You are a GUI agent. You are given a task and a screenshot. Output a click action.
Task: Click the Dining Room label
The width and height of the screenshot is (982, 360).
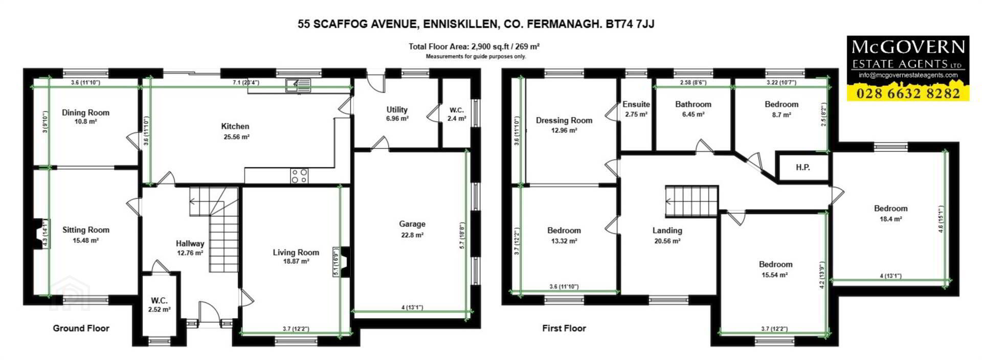point(85,112)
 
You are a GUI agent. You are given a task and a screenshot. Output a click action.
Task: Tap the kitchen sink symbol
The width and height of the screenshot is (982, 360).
point(298,85)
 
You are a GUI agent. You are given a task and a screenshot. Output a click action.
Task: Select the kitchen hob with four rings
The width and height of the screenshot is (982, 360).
point(299,176)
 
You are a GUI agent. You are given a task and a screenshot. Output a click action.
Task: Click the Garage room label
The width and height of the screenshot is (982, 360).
point(412,224)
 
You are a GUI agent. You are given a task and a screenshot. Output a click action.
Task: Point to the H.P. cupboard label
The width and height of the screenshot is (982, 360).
point(803,167)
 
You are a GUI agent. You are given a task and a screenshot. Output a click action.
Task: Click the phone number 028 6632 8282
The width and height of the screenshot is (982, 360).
point(908,93)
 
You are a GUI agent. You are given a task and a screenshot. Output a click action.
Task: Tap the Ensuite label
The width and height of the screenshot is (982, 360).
point(636,104)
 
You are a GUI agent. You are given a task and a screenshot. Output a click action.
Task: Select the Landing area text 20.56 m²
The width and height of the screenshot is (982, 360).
point(667,241)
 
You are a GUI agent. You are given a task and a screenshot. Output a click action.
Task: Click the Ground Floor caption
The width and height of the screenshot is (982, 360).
point(81,328)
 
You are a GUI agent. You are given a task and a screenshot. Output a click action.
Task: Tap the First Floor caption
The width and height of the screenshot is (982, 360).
point(564,328)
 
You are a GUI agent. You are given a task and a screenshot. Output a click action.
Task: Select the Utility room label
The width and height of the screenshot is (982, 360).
point(397,109)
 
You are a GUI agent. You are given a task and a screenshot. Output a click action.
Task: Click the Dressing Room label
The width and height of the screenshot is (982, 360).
point(564,121)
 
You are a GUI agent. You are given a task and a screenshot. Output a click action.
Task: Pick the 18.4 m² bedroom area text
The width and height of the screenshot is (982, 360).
point(891,219)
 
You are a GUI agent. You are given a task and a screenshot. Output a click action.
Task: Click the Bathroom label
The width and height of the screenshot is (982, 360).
point(694,104)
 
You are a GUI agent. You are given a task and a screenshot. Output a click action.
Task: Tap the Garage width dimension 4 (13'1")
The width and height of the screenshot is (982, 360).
point(412,307)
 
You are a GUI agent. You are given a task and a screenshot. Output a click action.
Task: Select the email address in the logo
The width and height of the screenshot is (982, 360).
point(908,75)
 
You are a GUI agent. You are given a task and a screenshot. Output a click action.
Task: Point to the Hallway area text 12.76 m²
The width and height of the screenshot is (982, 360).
point(190,253)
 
